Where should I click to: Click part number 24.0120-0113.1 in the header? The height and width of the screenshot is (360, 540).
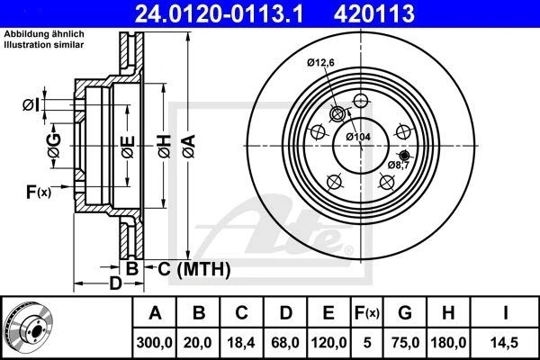click(219, 13)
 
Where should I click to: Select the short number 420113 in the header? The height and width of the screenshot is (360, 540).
click(374, 13)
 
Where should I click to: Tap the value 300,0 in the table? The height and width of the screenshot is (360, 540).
click(154, 342)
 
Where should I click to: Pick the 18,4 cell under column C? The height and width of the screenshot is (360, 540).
click(241, 342)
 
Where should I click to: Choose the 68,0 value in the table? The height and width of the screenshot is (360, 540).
click(285, 342)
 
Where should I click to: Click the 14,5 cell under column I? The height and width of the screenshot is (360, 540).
click(505, 342)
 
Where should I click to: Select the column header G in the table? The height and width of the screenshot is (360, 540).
click(405, 313)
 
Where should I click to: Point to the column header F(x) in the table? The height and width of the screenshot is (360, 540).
click(367, 313)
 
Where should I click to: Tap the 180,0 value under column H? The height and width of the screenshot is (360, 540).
click(448, 342)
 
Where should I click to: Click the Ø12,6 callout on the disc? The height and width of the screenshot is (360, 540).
click(320, 62)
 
